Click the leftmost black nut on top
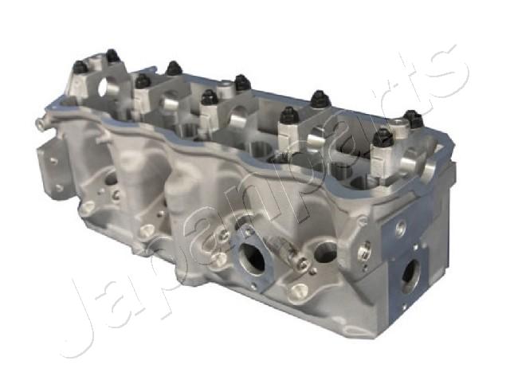click(80, 68)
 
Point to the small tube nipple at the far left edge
click(39, 123)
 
